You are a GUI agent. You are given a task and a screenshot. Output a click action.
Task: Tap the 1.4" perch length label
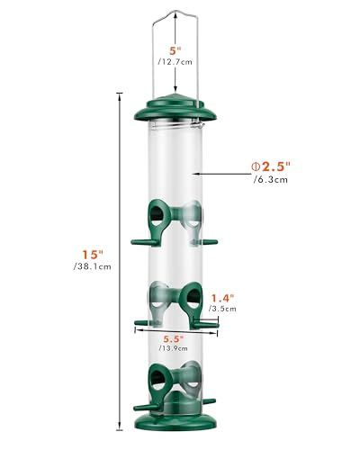[224, 297]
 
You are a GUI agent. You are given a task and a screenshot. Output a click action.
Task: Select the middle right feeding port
[191, 296]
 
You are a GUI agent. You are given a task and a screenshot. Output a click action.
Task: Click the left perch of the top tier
[139, 241]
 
